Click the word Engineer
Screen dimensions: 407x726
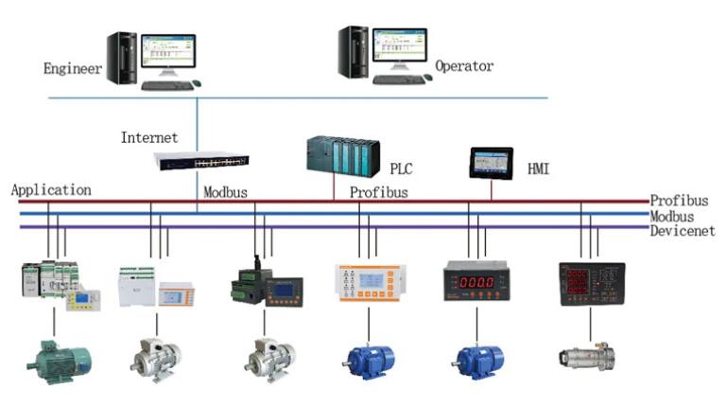pos(72,68)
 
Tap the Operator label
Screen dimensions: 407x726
pos(464,66)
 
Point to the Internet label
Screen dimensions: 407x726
pos(148,138)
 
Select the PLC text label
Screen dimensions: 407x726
pos(401,168)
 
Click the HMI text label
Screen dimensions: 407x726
pos(538,169)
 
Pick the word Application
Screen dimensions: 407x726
pos(51,190)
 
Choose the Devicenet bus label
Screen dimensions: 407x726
pos(682,231)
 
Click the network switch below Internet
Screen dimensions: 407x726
pos(201,162)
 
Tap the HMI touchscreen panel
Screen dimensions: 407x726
pos(492,163)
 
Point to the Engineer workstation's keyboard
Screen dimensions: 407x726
pos(167,85)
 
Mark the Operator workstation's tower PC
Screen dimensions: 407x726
pos(353,53)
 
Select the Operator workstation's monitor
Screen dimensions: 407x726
pos(398,49)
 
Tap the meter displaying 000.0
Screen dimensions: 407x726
pos(476,283)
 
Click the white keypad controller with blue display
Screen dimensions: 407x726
pos(370,283)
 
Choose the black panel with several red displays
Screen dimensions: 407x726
pos(592,283)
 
